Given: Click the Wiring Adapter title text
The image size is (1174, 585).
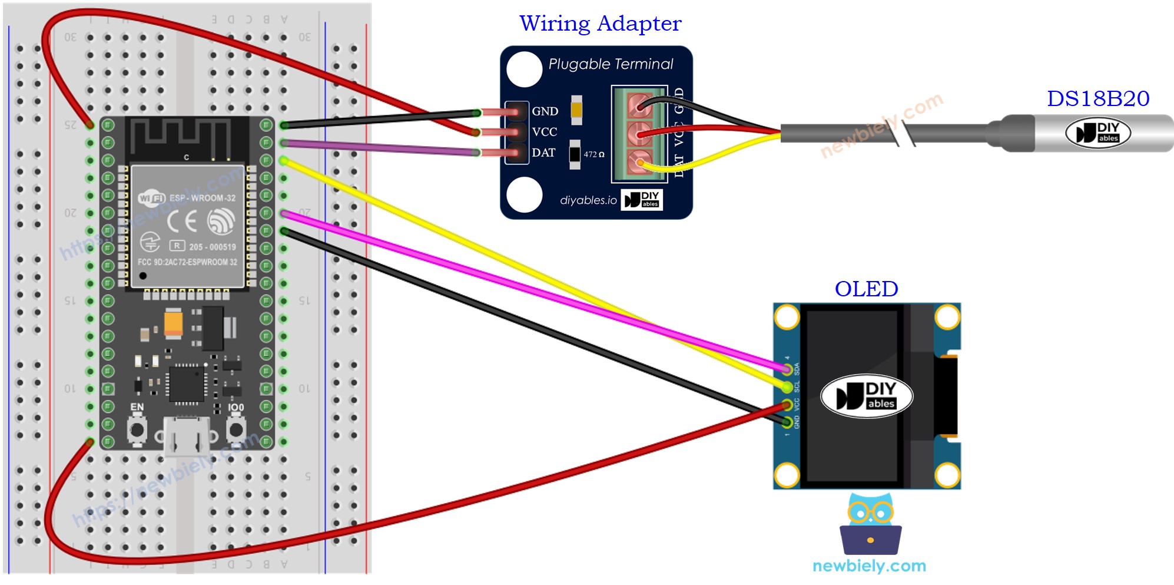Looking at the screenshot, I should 600,24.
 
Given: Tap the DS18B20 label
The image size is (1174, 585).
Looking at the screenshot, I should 1097,98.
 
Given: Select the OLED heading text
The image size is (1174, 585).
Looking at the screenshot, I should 866,289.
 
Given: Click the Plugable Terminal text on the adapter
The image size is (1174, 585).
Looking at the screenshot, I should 611,64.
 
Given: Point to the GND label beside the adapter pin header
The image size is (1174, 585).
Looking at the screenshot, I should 545,111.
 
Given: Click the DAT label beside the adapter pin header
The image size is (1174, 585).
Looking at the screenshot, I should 543,153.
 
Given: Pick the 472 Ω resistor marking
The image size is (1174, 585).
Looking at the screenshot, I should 593,154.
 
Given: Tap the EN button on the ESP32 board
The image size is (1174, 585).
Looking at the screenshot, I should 137,429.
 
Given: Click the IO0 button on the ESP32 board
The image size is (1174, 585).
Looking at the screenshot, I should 236,429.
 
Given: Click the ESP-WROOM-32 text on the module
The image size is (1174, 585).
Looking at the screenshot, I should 202,198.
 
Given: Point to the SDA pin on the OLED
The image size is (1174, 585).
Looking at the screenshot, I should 787,369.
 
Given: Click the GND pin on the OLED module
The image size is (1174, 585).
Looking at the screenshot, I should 787,422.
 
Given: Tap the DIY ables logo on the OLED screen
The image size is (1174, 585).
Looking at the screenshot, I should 866,396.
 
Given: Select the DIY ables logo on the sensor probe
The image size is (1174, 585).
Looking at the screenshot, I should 1097,133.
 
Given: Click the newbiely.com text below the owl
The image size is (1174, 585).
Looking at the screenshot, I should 869,566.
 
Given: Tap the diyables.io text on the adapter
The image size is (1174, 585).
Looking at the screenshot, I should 588,200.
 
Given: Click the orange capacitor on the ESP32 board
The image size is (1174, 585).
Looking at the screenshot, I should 173,322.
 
